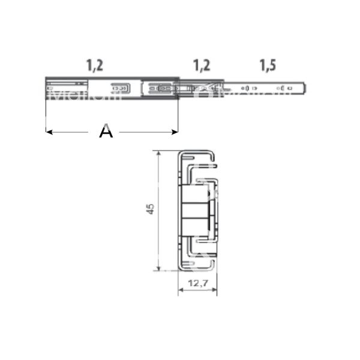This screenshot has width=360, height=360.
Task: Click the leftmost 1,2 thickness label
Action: pyautogui.click(x=94, y=64)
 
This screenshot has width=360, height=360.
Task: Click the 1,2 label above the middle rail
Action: pyautogui.click(x=202, y=64)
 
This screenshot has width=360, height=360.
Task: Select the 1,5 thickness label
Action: pyautogui.click(x=268, y=64)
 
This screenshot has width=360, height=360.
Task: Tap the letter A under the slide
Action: pyautogui.click(x=106, y=131)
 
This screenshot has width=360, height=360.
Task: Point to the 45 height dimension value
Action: pyautogui.click(x=151, y=209)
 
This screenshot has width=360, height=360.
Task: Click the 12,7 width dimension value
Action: pyautogui.click(x=198, y=283)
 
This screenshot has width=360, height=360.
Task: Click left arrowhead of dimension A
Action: pyautogui.click(x=49, y=131)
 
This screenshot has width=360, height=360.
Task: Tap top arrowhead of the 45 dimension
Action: pyautogui.click(x=158, y=154)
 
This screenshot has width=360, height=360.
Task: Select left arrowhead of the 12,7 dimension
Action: pyautogui.click(x=180, y=292)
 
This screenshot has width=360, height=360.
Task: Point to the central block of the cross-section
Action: pyautogui.click(x=196, y=210)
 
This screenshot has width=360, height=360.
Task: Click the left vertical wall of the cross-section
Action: pyautogui.click(x=178, y=210)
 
